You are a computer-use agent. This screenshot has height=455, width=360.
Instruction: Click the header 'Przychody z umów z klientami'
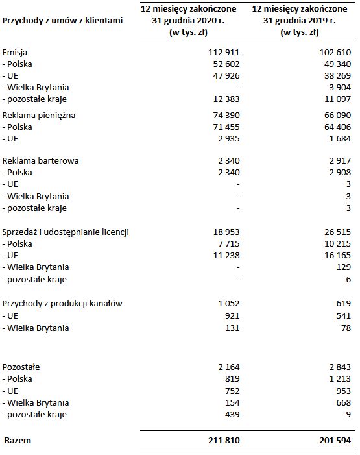click(63, 20)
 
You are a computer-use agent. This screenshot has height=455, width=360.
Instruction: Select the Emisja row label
click(16, 51)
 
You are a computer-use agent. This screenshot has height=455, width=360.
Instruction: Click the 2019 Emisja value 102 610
click(334, 51)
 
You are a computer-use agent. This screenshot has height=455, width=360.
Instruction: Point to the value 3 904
click(339, 87)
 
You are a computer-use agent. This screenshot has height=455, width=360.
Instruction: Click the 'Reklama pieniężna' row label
click(40, 115)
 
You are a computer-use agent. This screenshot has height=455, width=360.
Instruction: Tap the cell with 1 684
click(339, 139)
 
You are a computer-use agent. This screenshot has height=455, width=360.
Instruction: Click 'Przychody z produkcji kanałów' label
click(63, 304)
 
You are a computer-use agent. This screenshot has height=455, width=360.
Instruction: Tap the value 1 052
click(230, 304)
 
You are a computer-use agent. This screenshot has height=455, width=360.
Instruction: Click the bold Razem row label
click(18, 441)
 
